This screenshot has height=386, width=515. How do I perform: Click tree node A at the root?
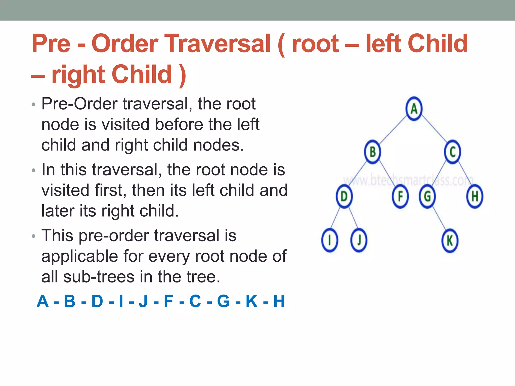click(414, 109)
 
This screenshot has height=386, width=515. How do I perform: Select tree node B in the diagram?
click(372, 152)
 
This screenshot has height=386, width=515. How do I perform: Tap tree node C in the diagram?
click(452, 152)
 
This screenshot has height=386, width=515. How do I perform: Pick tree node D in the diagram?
click(344, 196)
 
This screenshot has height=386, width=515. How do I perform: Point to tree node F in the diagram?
click(400, 196)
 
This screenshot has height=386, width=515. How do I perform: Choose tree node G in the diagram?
click(427, 196)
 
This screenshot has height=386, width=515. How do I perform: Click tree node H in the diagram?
click(475, 196)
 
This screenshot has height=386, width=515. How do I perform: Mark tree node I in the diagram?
click(329, 240)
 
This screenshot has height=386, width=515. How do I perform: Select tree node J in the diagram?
click(359, 240)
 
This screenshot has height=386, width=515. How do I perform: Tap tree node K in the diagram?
click(450, 241)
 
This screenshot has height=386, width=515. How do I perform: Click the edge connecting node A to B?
click(393, 130)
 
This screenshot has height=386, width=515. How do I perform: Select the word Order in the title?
click(125, 44)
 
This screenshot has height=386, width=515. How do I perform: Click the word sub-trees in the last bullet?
click(99, 277)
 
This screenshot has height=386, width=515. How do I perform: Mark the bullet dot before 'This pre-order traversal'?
click(34, 236)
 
